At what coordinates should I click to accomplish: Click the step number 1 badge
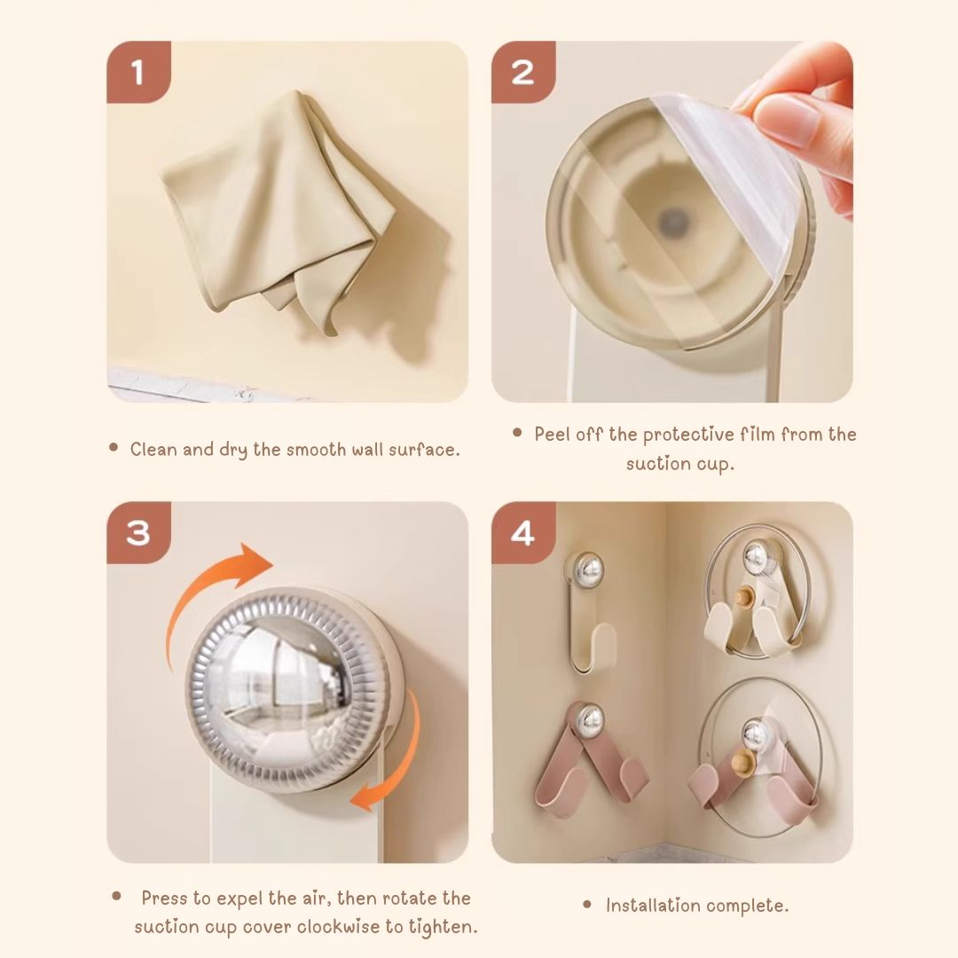point(138,72)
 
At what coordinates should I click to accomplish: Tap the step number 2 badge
point(523,72)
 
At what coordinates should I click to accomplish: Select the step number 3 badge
point(138,532)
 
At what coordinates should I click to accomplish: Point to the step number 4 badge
point(523,532)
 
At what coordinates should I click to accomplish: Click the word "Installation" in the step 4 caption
point(651,906)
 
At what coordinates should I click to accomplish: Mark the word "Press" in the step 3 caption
point(164,898)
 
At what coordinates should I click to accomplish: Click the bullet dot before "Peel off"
point(517,433)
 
